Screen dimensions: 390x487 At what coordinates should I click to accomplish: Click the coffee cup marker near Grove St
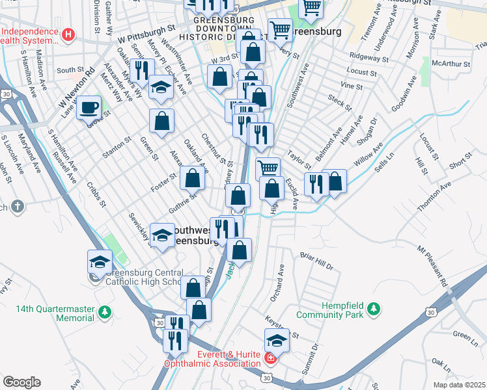89,107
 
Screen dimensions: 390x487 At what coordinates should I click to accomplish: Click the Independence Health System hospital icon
68,33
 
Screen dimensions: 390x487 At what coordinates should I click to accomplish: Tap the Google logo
21,382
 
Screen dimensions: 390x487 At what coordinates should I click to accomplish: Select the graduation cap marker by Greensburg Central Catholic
100,261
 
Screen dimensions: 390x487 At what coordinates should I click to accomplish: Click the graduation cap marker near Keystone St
277,339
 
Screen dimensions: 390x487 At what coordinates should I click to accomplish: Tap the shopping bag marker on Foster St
193,177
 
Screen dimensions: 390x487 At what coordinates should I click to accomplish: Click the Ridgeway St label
369,57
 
